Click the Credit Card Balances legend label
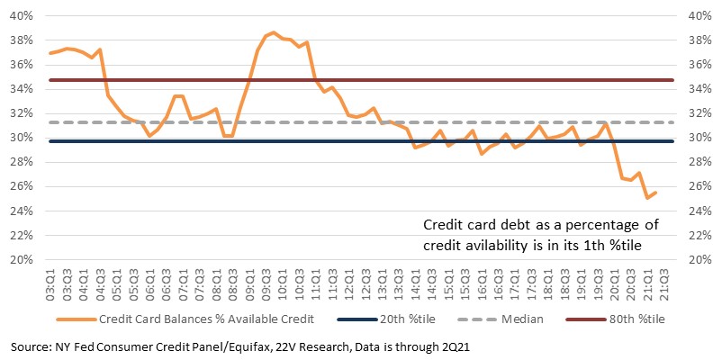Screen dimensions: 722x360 pos(207,319)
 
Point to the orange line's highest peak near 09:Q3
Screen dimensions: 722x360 pos(274,32)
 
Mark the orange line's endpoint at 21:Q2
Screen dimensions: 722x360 pos(655,193)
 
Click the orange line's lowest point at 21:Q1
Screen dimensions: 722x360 pos(647,198)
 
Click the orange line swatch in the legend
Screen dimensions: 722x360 pos(76,319)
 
